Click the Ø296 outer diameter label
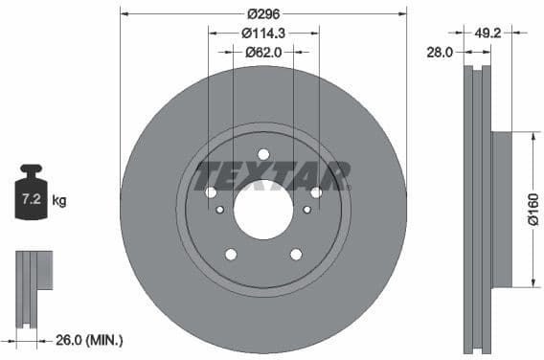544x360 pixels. coord(263,14)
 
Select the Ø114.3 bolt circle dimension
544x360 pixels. coord(263,34)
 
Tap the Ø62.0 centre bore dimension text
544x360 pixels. coord(263,53)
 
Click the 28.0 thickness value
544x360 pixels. coord(439,54)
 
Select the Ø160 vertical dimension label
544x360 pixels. coord(533,210)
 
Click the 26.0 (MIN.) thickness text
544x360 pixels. coord(89,339)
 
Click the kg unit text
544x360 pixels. coord(59,201)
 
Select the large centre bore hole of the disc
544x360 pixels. coord(263,209)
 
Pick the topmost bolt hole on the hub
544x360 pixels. coord(263,154)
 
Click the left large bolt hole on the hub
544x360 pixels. coord(212,192)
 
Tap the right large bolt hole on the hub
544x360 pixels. coord(315,192)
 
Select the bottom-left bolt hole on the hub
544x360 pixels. coord(231,254)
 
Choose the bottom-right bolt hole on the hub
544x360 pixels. coord(296,254)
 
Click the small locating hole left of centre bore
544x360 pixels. coord(220,210)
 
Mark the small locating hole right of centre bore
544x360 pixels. coord(306,210)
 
